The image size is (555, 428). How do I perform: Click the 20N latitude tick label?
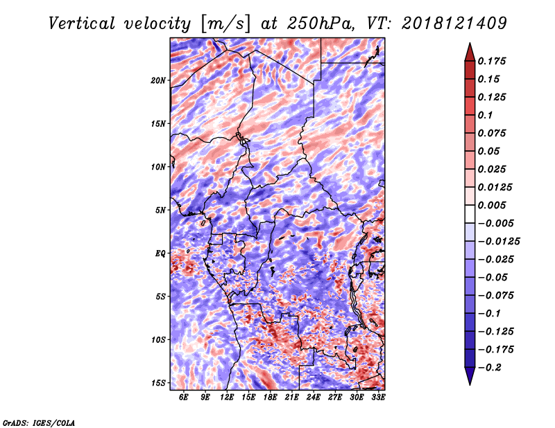(158, 80)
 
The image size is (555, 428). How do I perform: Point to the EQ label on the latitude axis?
(160, 253)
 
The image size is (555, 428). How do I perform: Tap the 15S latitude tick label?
(158, 383)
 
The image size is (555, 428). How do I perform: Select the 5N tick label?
(160, 211)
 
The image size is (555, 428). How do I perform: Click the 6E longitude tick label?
(183, 397)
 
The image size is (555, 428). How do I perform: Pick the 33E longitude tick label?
(378, 397)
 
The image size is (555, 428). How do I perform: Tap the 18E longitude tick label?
(270, 397)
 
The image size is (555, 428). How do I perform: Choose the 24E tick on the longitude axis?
(314, 397)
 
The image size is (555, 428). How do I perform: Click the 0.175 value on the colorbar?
(492, 61)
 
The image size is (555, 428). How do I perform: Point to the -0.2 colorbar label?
(490, 368)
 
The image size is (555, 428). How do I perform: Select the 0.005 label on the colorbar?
(492, 205)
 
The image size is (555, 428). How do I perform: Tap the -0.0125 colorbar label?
(499, 242)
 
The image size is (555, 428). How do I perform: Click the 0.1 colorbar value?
(485, 115)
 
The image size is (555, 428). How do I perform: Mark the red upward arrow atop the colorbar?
(470, 53)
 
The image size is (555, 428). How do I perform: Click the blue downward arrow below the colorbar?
(470, 376)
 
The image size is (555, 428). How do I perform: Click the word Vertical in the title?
(82, 24)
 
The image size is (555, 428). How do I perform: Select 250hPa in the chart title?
(321, 24)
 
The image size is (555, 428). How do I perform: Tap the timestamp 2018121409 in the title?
(454, 24)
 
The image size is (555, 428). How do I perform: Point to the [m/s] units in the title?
(226, 24)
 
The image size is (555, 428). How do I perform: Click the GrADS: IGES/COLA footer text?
(39, 423)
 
